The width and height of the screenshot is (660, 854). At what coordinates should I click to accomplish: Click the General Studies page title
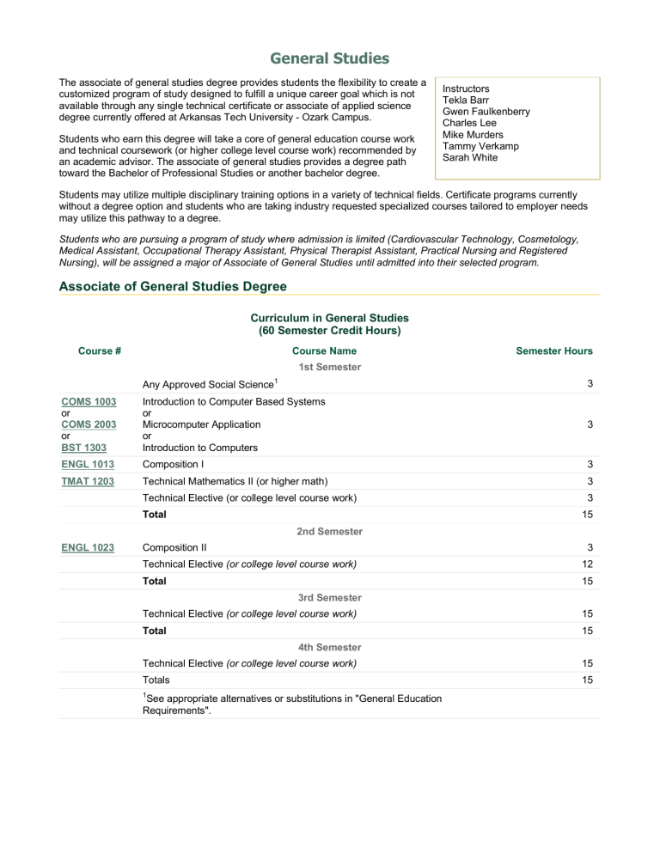[329, 58]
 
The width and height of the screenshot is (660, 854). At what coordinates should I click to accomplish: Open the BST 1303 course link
[82, 448]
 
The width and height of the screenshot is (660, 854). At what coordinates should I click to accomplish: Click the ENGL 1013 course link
[87, 465]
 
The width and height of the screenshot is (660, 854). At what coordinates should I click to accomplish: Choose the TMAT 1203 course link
[87, 481]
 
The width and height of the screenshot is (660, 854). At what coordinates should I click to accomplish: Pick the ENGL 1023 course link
[87, 547]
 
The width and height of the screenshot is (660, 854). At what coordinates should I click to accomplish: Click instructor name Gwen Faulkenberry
[486, 112]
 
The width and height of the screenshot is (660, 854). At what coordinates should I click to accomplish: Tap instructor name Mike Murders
[473, 135]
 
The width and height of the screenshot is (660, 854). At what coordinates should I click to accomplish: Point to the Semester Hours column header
[553, 351]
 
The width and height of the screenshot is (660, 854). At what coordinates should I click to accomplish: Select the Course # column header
[99, 351]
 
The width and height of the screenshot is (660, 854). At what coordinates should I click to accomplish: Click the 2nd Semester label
[329, 532]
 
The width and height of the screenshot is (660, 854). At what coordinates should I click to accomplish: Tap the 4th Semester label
[329, 647]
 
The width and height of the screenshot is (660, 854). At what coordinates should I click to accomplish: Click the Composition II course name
[174, 547]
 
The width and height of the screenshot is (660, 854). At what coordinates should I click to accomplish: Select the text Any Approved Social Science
[205, 384]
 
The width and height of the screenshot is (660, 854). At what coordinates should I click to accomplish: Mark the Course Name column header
[324, 351]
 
